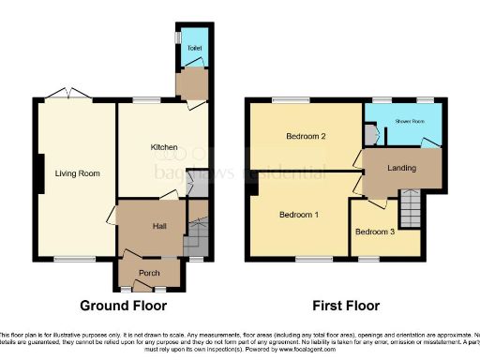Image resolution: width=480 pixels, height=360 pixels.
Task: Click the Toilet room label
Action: tap(194, 47)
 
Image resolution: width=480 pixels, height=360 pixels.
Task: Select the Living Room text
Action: tap(77, 173)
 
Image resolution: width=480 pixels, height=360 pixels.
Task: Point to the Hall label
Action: tap(159, 226)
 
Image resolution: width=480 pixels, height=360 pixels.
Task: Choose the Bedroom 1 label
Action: tap(299, 215)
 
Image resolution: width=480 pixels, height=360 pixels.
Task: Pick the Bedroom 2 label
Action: tap(306, 137)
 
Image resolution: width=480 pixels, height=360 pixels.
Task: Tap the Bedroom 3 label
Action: tap(375, 232)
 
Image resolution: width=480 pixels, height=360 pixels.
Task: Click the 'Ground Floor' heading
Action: tap(123, 306)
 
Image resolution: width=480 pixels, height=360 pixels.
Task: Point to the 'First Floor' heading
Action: tap(347, 306)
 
